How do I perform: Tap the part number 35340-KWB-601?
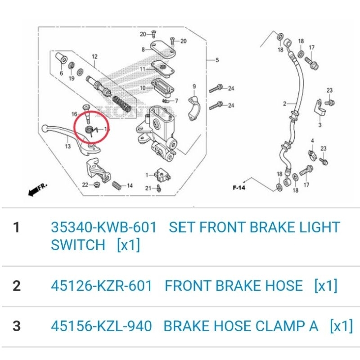click(104, 228)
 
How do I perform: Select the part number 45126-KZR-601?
click(101, 286)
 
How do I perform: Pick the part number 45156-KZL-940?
click(101, 326)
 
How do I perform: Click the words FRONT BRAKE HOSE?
click(234, 286)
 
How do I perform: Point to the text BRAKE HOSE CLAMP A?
click(241, 326)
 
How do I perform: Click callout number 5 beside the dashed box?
click(217, 60)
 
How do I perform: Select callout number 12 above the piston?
click(94, 57)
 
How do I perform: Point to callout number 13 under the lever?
click(67, 146)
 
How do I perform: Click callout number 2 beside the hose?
click(284, 104)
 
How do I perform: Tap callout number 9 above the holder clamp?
click(194, 86)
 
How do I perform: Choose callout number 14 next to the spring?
click(130, 185)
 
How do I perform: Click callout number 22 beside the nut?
click(85, 184)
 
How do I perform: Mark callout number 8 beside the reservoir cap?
click(143, 49)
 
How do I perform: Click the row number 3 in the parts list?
click(17, 326)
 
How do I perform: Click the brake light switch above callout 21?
click(161, 174)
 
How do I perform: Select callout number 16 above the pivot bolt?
click(75, 115)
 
